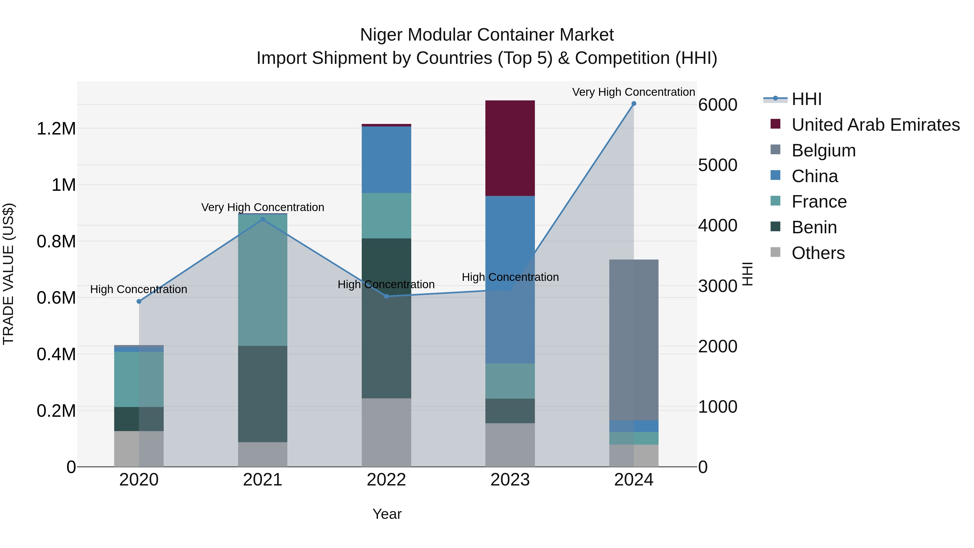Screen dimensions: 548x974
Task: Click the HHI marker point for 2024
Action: pyautogui.click(x=634, y=104)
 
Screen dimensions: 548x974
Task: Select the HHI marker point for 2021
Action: pyautogui.click(x=263, y=219)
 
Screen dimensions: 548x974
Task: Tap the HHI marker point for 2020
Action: pyautogui.click(x=139, y=301)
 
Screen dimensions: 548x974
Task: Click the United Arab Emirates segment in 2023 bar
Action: pyautogui.click(x=510, y=148)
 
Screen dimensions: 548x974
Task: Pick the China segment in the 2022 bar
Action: pyautogui.click(x=386, y=160)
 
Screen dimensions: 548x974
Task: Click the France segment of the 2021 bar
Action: pyautogui.click(x=263, y=280)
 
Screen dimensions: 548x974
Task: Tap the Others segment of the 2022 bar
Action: pyautogui.click(x=386, y=432)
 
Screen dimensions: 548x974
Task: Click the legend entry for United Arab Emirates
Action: pyautogui.click(x=875, y=125)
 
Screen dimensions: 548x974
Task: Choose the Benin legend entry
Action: pyautogui.click(x=814, y=227)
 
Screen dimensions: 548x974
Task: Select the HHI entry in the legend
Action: pyautogui.click(x=807, y=99)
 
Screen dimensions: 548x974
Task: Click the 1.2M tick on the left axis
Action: pyautogui.click(x=56, y=129)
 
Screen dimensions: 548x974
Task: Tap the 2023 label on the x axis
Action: pyautogui.click(x=510, y=480)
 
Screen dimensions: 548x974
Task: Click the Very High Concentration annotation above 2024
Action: pyautogui.click(x=633, y=92)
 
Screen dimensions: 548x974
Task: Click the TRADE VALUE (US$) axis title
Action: pyautogui.click(x=8, y=274)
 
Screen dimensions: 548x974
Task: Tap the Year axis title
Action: pyautogui.click(x=387, y=514)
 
